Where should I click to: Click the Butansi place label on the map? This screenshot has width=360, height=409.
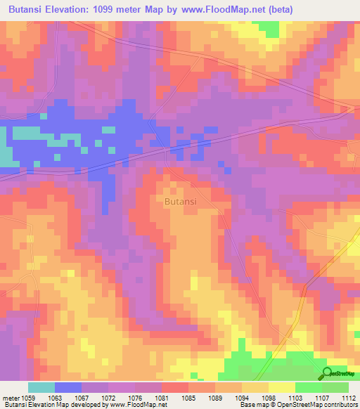[180, 202]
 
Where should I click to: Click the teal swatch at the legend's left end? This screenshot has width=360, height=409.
[41, 387]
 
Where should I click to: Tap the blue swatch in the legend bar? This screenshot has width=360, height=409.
[67, 387]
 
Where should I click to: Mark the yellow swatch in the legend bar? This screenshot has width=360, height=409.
[281, 387]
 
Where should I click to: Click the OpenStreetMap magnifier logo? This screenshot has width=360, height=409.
[328, 373]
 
